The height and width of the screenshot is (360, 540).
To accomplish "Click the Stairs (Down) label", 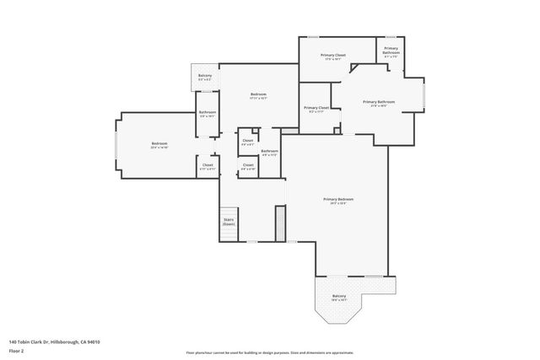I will point(229,222).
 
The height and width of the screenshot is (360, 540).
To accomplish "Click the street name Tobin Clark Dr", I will point(50,341).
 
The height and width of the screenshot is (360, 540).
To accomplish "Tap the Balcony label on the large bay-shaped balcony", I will point(339,296).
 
